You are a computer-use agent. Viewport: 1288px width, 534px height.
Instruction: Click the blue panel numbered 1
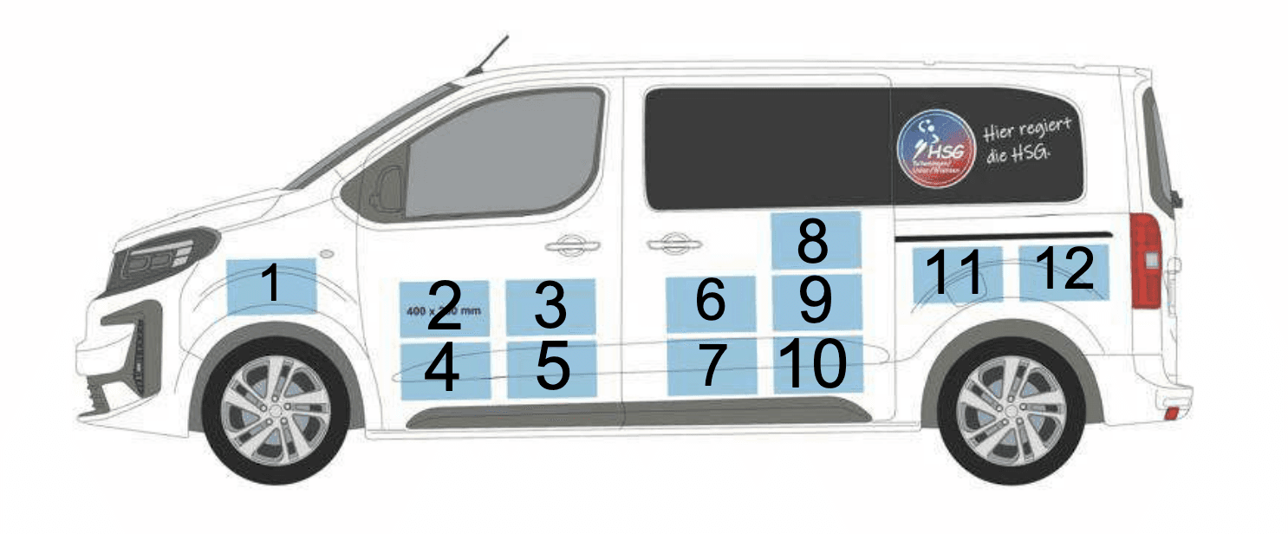point(271,285)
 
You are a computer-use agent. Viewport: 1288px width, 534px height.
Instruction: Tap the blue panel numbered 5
point(552,368)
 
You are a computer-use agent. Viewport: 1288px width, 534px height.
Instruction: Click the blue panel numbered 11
point(956,274)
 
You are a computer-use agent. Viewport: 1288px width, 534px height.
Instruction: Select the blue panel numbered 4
point(445,370)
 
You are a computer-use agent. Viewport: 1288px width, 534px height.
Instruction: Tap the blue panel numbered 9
point(816,302)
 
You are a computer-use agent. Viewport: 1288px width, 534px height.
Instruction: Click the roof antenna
point(487,55)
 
